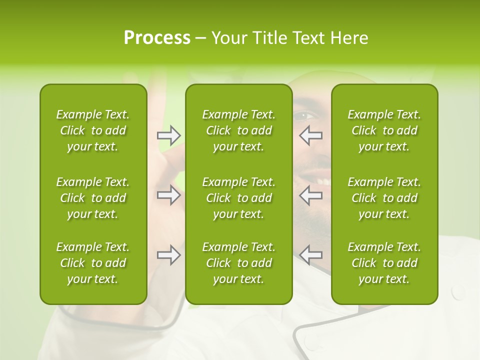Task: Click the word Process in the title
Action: coord(157,38)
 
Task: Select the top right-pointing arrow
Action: coord(168,135)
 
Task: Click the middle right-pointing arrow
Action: coord(168,195)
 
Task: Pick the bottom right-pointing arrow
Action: coord(168,255)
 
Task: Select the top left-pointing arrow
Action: coord(310,135)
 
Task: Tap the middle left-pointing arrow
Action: coord(310,195)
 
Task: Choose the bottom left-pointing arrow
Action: coord(310,255)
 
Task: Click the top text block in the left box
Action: coord(93,130)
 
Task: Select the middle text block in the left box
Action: coord(93,198)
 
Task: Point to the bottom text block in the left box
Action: coord(93,263)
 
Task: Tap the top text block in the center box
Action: coord(239,130)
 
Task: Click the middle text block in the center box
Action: coord(239,198)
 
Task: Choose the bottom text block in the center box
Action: coord(239,263)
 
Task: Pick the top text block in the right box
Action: coord(384,130)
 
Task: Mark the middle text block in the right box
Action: coord(384,198)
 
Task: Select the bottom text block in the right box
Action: coord(384,263)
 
